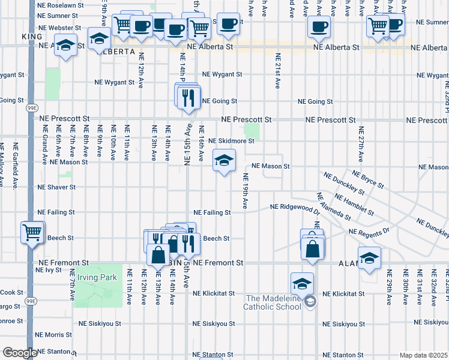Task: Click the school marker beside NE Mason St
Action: [x=224, y=161]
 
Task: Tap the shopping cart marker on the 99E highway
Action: [x=32, y=232]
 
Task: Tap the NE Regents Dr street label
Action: [x=369, y=231]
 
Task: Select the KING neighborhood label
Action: [x=31, y=37]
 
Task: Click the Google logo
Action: [x=19, y=353]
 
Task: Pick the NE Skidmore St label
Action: [x=231, y=141]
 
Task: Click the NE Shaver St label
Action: [x=56, y=187]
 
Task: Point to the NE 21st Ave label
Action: [x=278, y=71]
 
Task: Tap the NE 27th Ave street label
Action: [x=361, y=144]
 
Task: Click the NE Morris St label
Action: [x=54, y=335]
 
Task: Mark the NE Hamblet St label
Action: [x=355, y=205]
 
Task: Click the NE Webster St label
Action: [x=59, y=28]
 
